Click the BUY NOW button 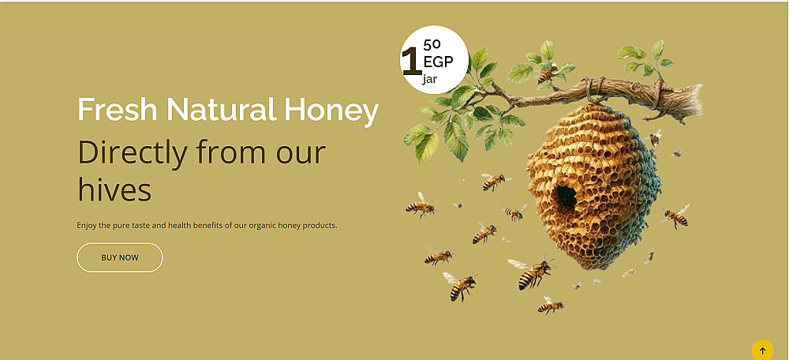(x=120, y=257)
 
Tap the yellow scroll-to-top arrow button (x=762, y=351)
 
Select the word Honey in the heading (x=331, y=111)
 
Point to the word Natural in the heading (x=222, y=109)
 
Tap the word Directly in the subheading (x=133, y=153)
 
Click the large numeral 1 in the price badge (x=412, y=62)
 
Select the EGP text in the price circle (x=438, y=62)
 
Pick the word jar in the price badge (x=430, y=79)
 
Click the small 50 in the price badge (x=432, y=45)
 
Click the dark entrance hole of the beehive (x=566, y=197)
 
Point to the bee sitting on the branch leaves (x=547, y=74)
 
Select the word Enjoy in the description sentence (x=87, y=226)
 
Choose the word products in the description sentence (x=320, y=226)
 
